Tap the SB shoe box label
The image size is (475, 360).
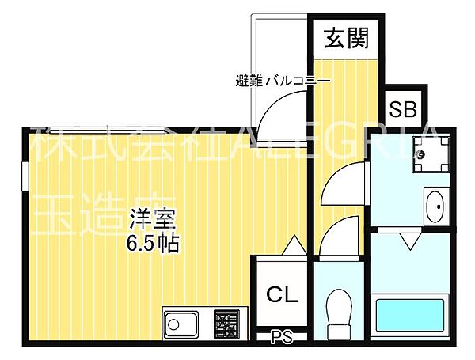tap(405, 108)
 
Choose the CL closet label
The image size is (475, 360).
tap(281, 295)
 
